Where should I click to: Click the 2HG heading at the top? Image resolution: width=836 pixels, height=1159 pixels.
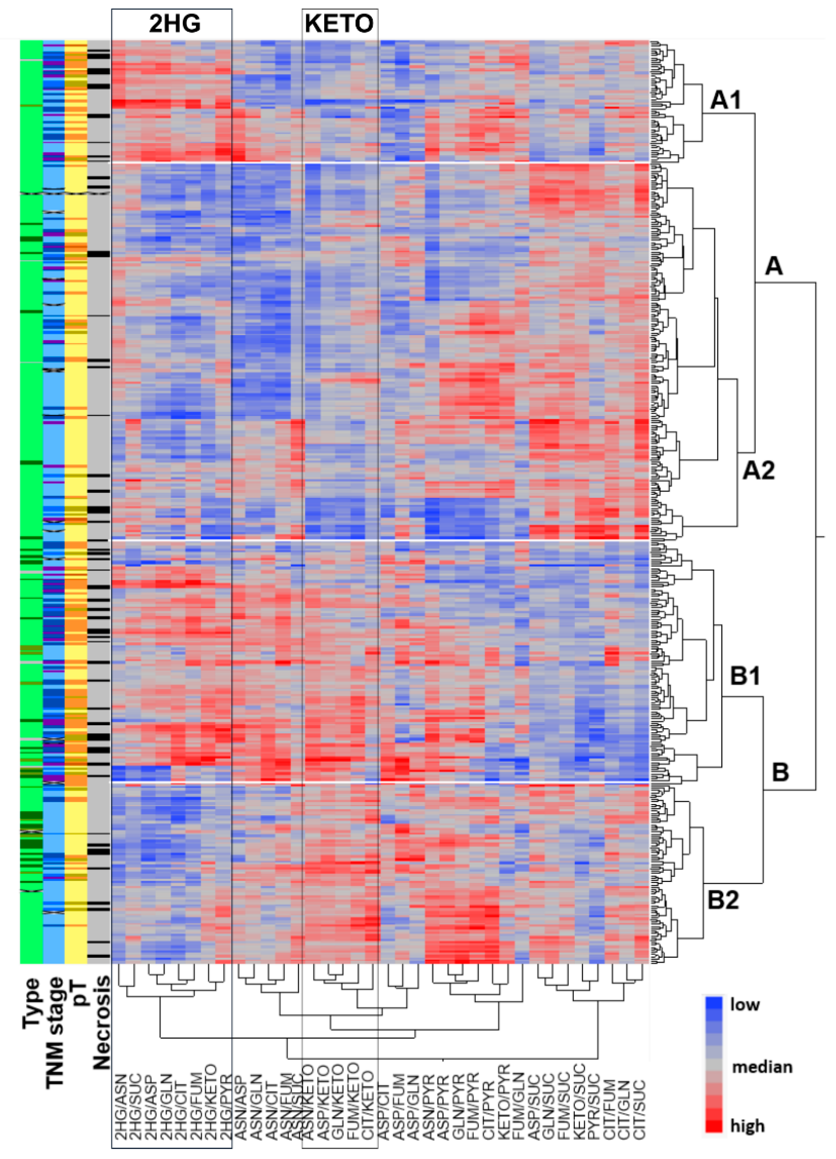[175, 23]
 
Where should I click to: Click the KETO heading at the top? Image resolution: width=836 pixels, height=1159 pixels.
[339, 23]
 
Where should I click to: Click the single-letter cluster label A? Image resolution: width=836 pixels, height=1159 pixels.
[774, 266]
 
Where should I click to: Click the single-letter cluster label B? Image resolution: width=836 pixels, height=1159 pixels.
[780, 772]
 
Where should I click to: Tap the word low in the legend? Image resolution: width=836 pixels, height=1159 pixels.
[745, 1004]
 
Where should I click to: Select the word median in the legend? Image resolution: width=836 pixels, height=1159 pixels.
[762, 1067]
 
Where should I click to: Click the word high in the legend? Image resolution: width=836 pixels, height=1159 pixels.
[747, 1126]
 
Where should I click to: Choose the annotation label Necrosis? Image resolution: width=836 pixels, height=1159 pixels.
[101, 1022]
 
